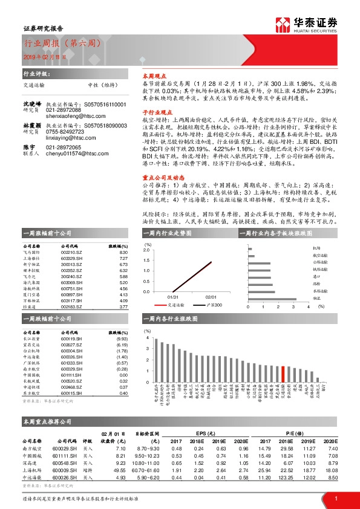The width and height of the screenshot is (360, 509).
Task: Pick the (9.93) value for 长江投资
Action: [123, 339]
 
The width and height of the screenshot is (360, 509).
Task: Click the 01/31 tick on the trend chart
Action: [172, 297]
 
